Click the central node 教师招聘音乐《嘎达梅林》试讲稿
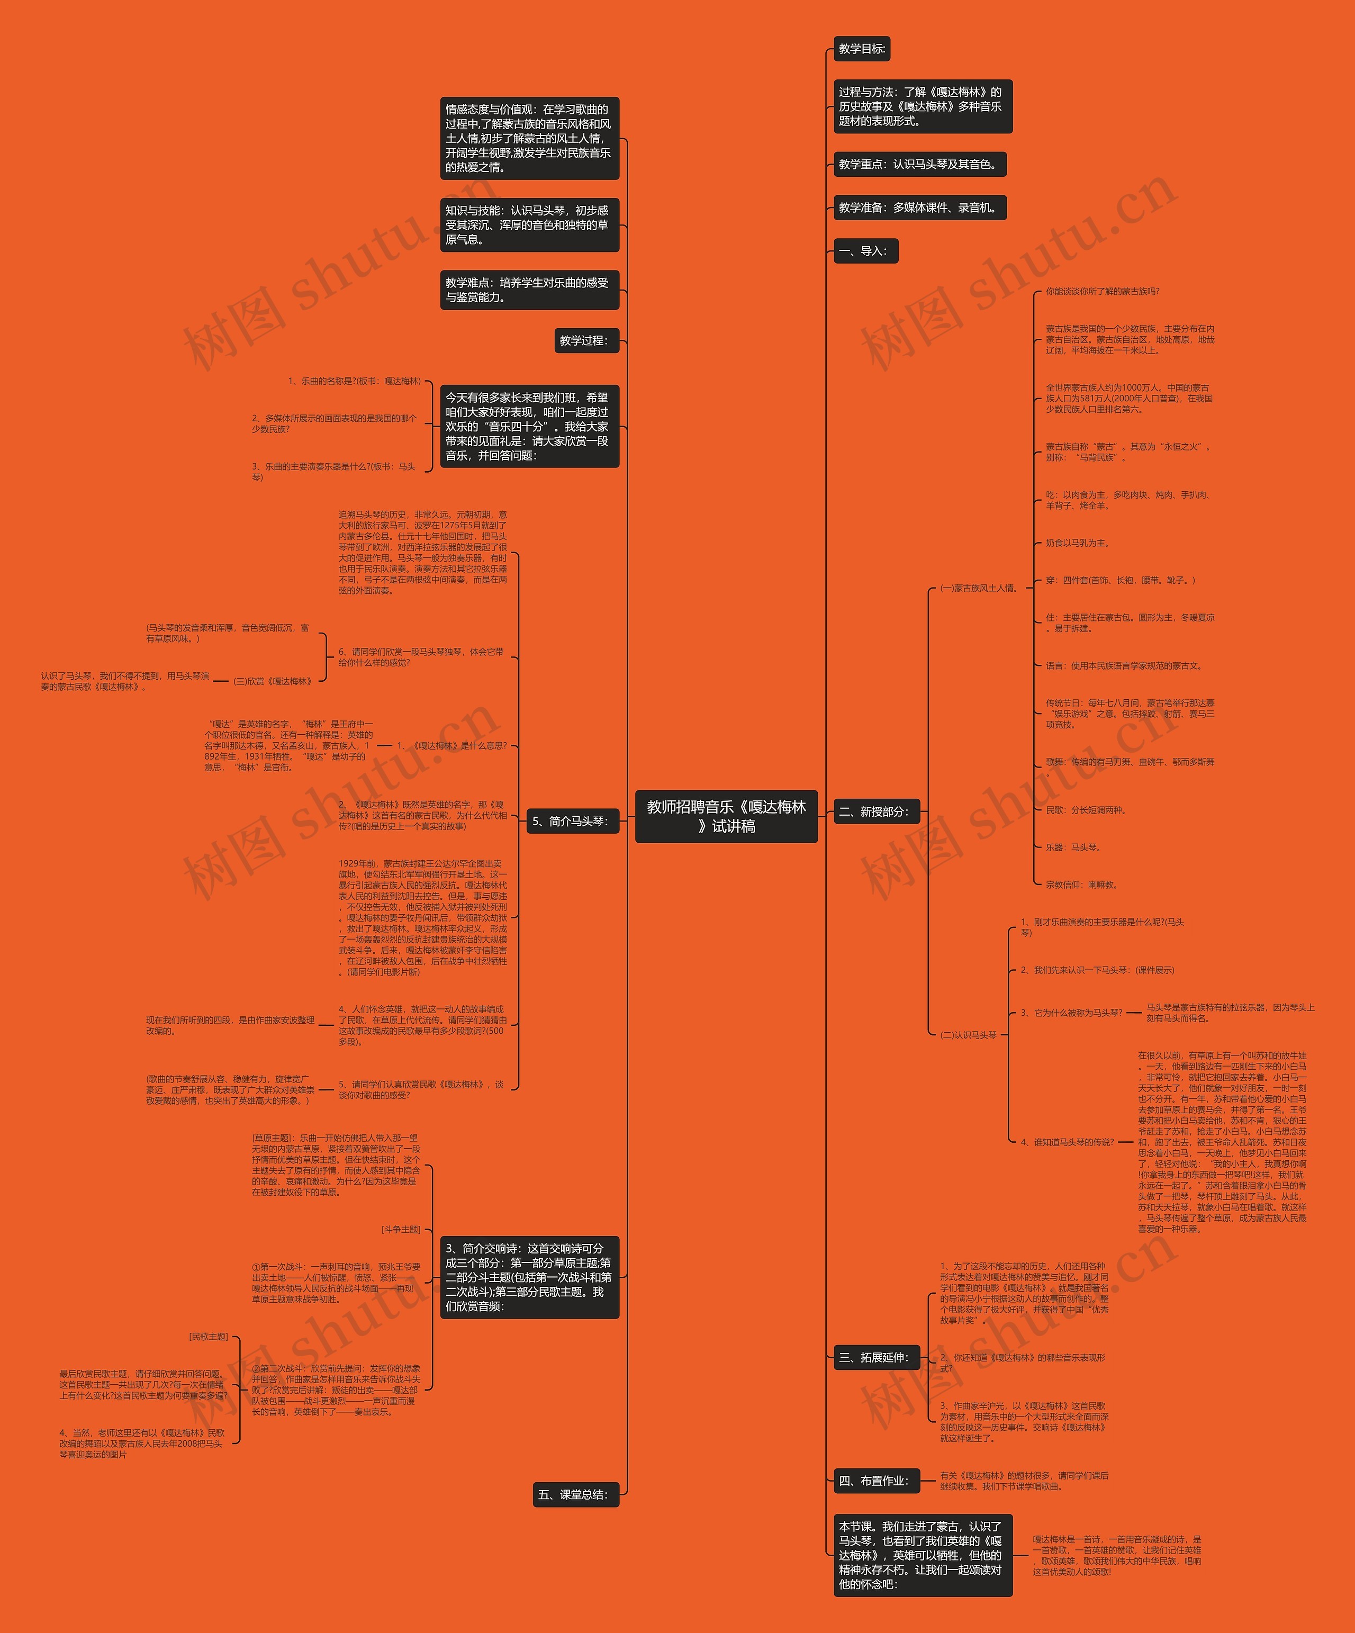[x=726, y=816]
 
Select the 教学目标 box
[x=861, y=48]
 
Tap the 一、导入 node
[x=865, y=250]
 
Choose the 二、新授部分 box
[x=876, y=811]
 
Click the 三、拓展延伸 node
[x=876, y=1357]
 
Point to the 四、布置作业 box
[x=876, y=1481]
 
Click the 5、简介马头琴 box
[x=572, y=820]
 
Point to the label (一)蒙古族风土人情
[x=980, y=588]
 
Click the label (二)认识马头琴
[x=969, y=1034]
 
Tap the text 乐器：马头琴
[x=1073, y=847]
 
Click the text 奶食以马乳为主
[x=1078, y=543]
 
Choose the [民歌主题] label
[x=209, y=1336]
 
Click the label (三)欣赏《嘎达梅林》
[x=274, y=681]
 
